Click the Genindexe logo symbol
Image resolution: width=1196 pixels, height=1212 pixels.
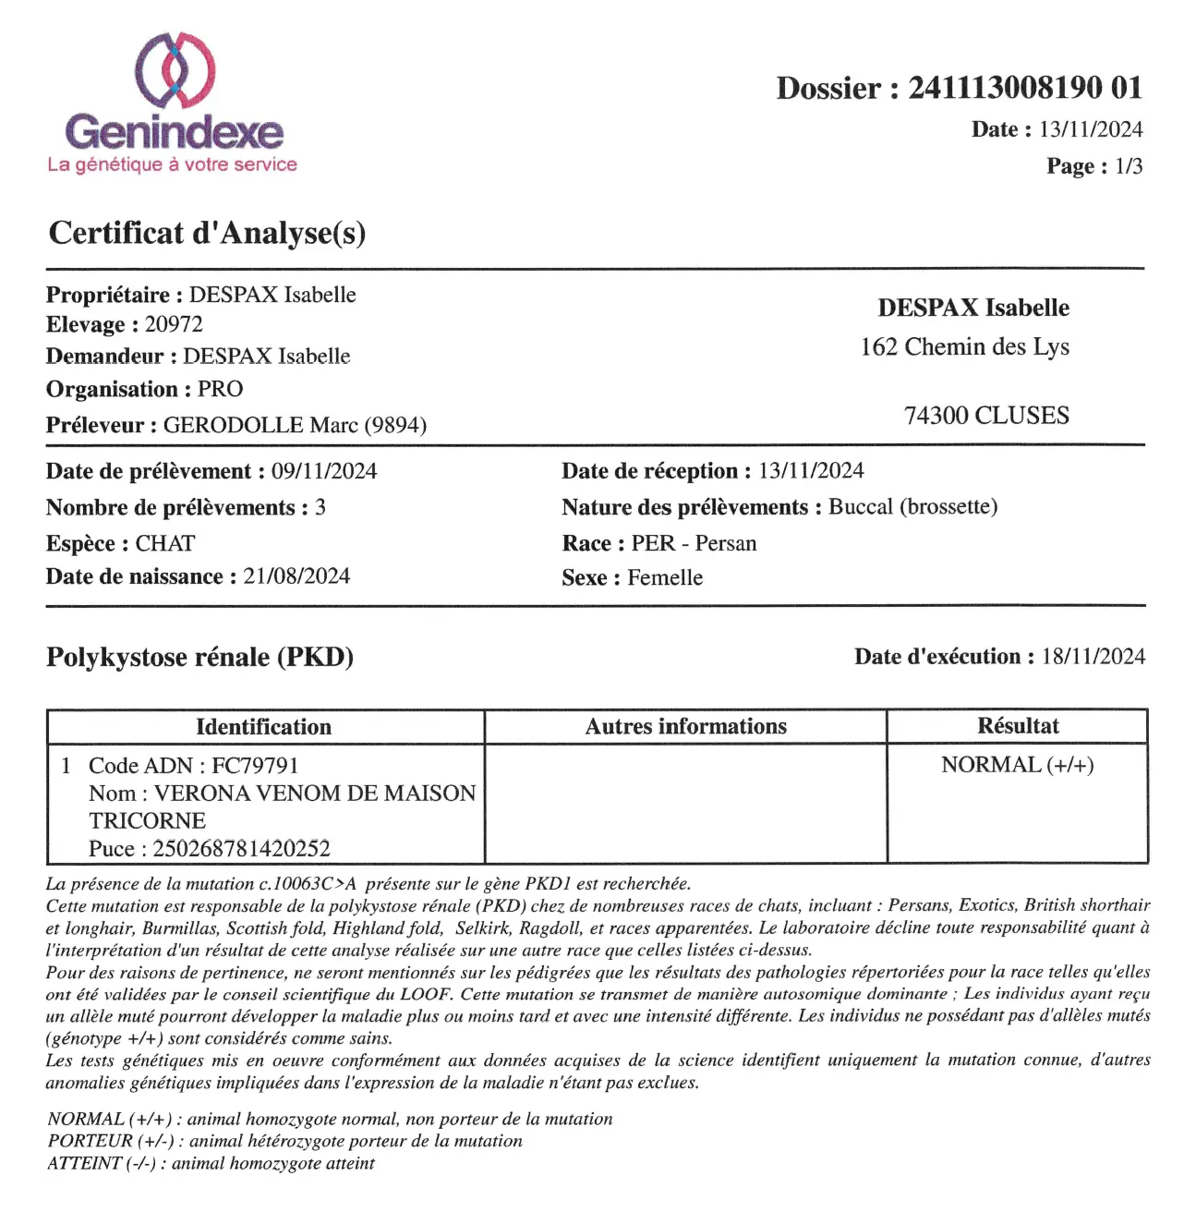click(175, 70)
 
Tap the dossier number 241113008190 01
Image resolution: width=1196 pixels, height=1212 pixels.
click(1024, 89)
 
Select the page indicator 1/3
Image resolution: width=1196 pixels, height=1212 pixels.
click(1129, 166)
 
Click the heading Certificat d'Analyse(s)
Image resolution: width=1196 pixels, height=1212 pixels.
click(207, 233)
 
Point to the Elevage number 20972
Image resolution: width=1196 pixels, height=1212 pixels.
click(174, 325)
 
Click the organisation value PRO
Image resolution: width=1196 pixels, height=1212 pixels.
click(221, 389)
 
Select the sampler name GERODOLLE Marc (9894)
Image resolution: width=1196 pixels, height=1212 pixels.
click(295, 425)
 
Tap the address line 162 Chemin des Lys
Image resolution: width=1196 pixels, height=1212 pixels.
click(964, 347)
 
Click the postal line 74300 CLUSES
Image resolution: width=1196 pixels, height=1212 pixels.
click(985, 416)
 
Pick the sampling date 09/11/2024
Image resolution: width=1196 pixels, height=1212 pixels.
click(324, 471)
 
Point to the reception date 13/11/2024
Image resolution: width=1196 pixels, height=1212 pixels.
click(811, 471)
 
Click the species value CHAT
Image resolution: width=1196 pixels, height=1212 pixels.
click(165, 543)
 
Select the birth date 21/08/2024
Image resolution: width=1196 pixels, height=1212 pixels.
click(296, 576)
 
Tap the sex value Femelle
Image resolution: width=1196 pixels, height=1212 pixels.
click(665, 578)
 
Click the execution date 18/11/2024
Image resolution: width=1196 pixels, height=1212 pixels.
click(1093, 657)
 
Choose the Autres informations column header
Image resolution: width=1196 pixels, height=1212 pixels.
click(685, 727)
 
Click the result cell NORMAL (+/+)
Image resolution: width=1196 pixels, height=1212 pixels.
click(1017, 765)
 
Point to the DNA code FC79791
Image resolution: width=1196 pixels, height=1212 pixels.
click(255, 766)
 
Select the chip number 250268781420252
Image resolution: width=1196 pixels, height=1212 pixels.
click(241, 848)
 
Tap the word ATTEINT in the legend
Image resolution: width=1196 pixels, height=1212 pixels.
click(84, 1164)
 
